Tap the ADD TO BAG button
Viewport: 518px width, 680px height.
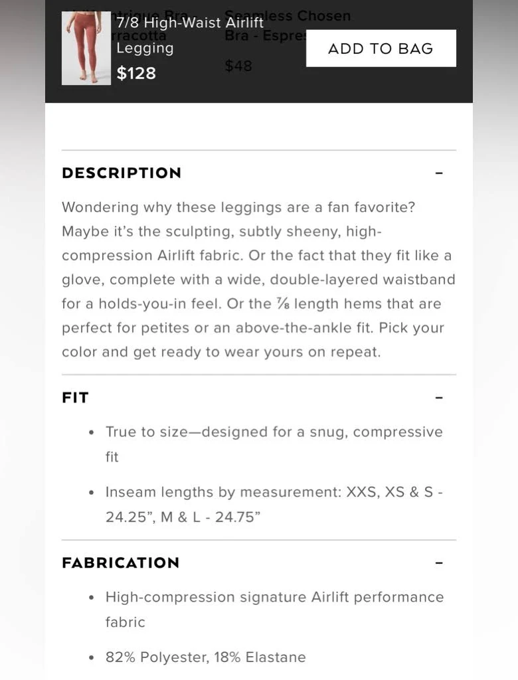tap(381, 48)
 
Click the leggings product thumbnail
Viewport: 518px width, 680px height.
tap(86, 48)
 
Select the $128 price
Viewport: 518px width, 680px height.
tap(136, 73)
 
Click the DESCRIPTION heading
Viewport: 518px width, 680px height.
tap(122, 173)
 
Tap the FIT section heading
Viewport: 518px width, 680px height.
tap(75, 398)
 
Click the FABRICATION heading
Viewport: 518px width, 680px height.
tap(120, 563)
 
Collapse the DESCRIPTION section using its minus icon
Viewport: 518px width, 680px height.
tap(439, 173)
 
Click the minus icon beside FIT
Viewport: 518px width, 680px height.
tap(439, 398)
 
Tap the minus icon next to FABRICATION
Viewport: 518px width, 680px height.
tap(439, 563)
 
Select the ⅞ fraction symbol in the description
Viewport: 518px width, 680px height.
tap(283, 303)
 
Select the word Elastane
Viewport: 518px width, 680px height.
tap(276, 657)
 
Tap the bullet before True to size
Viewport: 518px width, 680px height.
tap(92, 432)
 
